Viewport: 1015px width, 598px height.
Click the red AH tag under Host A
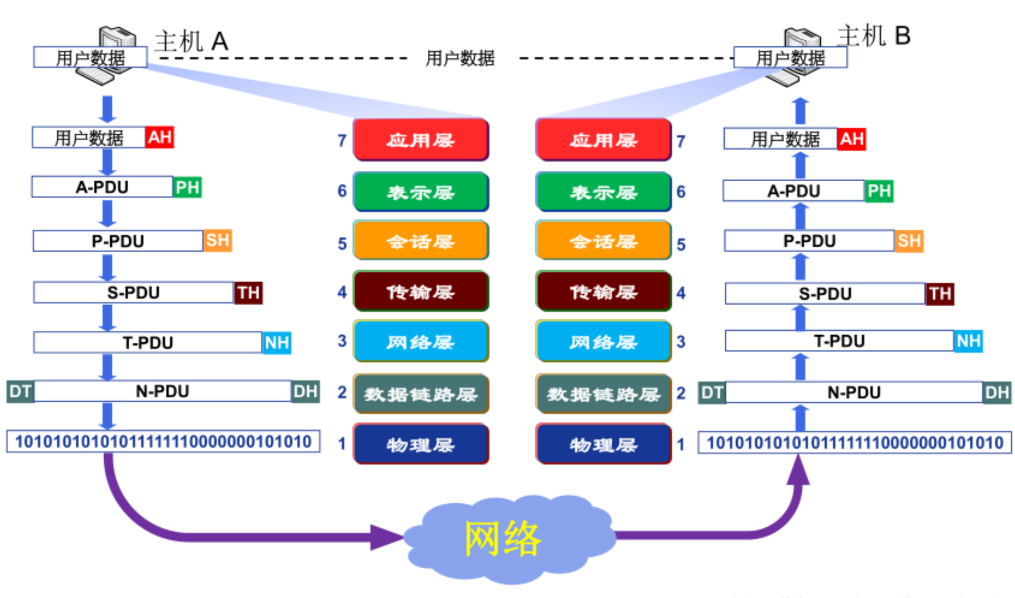pyautogui.click(x=160, y=137)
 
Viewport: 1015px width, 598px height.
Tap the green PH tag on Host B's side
pyautogui.click(x=879, y=191)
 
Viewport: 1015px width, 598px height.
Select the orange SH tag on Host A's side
pyautogui.click(x=218, y=240)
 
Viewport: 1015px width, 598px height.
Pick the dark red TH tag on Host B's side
pyautogui.click(x=940, y=293)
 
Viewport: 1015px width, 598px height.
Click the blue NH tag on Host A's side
pyautogui.click(x=277, y=342)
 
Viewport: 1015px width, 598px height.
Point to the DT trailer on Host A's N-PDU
pyautogui.click(x=20, y=391)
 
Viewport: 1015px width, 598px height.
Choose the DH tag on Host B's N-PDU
pyautogui.click(x=997, y=393)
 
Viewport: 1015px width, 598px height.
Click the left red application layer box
pyautogui.click(x=421, y=139)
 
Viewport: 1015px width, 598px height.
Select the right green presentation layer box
pyautogui.click(x=604, y=192)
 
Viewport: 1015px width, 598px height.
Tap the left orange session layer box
pyautogui.click(x=421, y=240)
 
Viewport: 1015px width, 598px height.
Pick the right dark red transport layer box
pyautogui.click(x=604, y=291)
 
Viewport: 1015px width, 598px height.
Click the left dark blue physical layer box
pyautogui.click(x=421, y=444)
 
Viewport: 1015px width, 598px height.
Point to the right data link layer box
pyautogui.click(x=604, y=394)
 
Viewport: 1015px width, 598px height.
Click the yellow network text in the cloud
pyautogui.click(x=503, y=538)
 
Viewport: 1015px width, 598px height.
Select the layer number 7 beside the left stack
pyautogui.click(x=342, y=140)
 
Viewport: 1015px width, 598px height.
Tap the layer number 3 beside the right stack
pyautogui.click(x=681, y=341)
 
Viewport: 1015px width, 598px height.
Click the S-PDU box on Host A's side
pyautogui.click(x=134, y=292)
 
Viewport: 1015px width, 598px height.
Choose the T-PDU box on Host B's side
pyautogui.click(x=839, y=341)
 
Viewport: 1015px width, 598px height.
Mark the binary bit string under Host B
pyautogui.click(x=854, y=442)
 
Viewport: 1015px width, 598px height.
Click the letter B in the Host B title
pyautogui.click(x=903, y=36)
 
